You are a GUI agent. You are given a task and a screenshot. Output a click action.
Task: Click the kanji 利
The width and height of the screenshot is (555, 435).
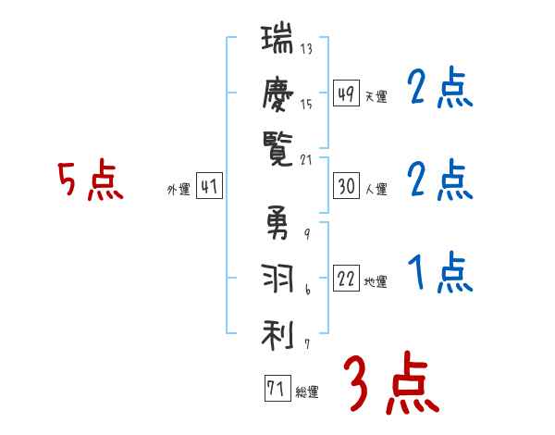(x=278, y=332)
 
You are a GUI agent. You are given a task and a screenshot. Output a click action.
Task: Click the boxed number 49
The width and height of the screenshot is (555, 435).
(x=346, y=94)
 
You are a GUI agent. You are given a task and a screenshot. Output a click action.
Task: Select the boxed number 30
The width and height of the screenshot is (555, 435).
(x=346, y=186)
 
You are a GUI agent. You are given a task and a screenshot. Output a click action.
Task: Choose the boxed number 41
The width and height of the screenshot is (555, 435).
(x=209, y=187)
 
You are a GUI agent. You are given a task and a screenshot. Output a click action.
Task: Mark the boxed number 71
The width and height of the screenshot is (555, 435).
(x=276, y=389)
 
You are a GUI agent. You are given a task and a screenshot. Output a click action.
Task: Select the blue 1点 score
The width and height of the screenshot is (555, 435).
(x=440, y=274)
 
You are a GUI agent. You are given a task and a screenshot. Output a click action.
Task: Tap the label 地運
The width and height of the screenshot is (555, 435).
(x=376, y=282)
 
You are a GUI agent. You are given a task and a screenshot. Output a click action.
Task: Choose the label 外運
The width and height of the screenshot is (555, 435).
(x=179, y=190)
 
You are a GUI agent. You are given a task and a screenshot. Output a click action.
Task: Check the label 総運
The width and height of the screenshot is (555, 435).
(x=306, y=392)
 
